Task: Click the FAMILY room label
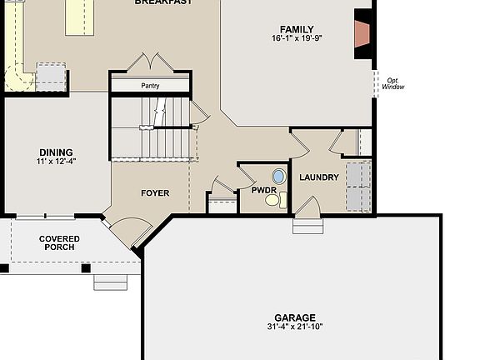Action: [297, 29]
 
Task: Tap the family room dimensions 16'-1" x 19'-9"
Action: [297, 38]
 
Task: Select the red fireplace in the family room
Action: [362, 34]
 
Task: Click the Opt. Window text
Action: [394, 83]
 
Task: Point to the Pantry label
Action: [151, 85]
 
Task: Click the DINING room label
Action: [56, 152]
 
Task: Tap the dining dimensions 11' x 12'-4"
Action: [56, 161]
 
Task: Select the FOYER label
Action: [154, 193]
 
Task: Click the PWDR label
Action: [263, 191]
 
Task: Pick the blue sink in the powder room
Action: [278, 177]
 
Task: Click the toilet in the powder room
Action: [282, 199]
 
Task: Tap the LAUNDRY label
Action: [318, 177]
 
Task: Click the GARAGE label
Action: [296, 317]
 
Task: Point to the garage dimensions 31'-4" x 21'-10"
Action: [296, 327]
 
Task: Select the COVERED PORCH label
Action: [59, 243]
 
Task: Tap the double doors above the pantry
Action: [150, 64]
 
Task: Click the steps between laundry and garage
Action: [307, 226]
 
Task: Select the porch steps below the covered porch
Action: [110, 282]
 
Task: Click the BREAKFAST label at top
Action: [163, 2]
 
